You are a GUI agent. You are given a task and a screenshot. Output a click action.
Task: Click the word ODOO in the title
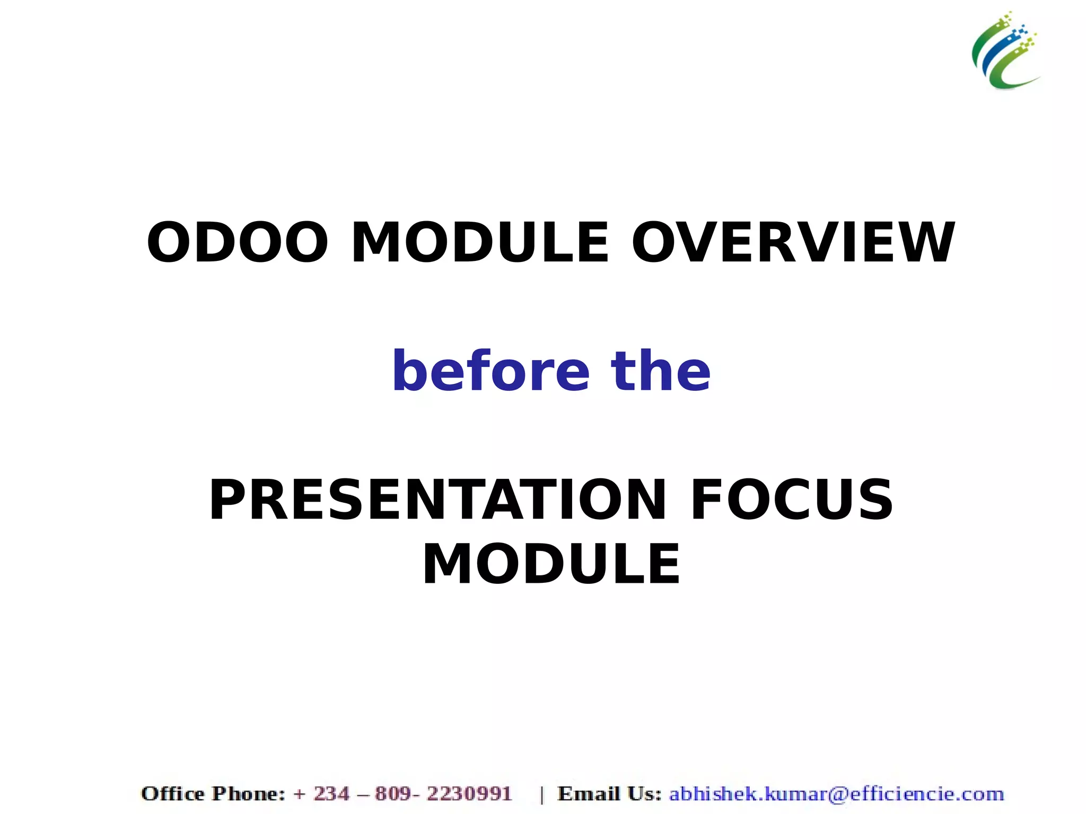click(237, 242)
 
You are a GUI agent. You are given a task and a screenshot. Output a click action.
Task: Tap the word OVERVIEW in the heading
click(793, 242)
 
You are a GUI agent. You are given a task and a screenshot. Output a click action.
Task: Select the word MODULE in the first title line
click(480, 242)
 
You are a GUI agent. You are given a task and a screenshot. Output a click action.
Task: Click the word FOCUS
click(792, 500)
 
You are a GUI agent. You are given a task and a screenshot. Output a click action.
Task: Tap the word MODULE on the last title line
click(551, 564)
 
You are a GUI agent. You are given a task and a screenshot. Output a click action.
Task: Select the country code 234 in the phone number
click(332, 794)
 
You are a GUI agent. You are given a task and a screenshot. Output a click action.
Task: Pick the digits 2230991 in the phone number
click(469, 794)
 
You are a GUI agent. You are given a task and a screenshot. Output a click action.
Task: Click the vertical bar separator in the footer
click(541, 795)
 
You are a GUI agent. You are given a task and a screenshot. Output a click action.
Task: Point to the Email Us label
click(609, 794)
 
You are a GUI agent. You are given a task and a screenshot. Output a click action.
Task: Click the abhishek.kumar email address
click(836, 794)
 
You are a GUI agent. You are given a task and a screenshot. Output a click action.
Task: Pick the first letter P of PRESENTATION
click(226, 500)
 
